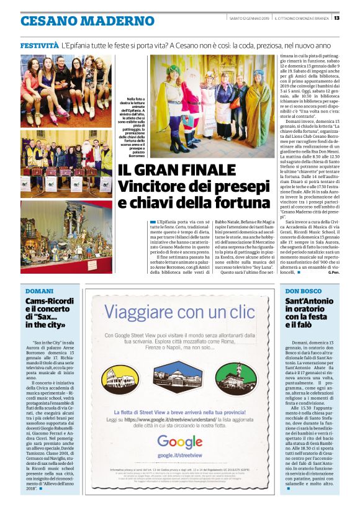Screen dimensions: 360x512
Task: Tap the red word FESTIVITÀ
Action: (x=38, y=46)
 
